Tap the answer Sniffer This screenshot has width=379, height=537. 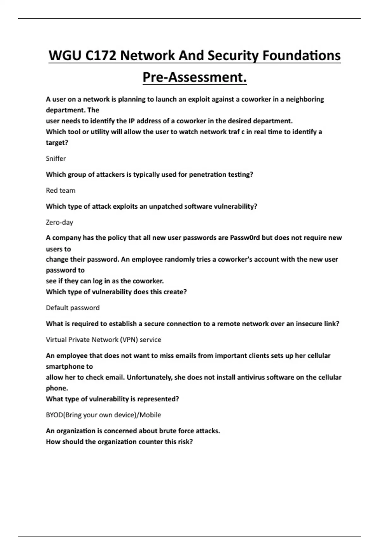56,159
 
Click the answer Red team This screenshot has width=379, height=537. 61,190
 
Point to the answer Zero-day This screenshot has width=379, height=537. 59,222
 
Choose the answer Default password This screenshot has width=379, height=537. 73,308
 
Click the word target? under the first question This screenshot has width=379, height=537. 57,142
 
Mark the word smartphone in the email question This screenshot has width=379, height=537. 69,366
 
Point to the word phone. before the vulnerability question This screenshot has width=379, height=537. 57,388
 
